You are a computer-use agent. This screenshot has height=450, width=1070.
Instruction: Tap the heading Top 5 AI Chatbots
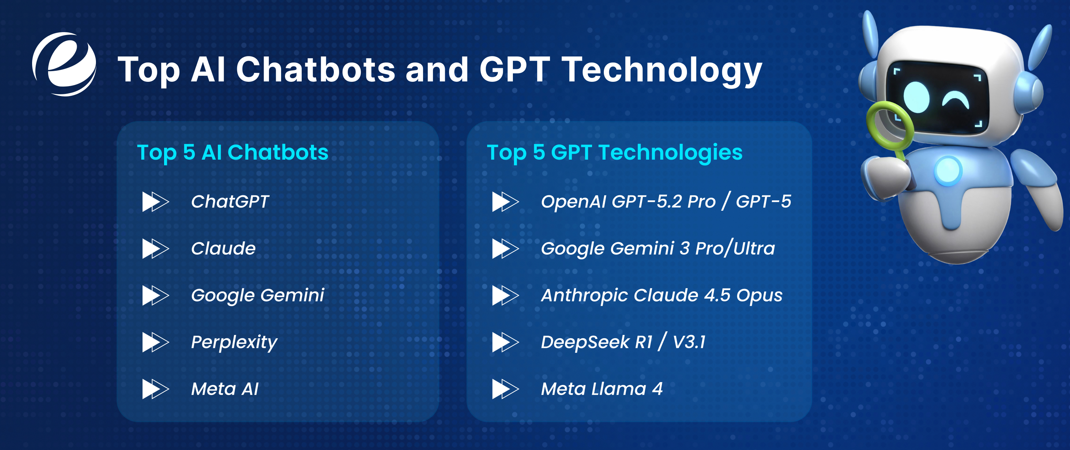[x=233, y=152]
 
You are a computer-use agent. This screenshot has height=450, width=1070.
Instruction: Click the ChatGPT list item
[x=230, y=202]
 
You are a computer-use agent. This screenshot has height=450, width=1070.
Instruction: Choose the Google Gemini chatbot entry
[x=257, y=295]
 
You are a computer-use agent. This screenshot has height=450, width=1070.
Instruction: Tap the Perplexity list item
[x=234, y=342]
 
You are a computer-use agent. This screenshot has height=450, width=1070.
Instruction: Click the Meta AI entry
[x=225, y=389]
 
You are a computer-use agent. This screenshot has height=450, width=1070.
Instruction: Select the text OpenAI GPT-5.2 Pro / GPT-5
[x=666, y=202]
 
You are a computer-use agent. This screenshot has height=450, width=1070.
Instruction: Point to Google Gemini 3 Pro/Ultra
[x=658, y=249]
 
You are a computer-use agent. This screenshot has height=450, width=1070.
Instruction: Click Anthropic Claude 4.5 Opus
[x=661, y=295]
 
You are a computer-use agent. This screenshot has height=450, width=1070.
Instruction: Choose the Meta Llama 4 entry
[x=601, y=389]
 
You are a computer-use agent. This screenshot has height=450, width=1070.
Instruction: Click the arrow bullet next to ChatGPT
[x=155, y=202]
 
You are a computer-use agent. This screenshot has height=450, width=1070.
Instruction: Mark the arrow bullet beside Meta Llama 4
[x=505, y=389]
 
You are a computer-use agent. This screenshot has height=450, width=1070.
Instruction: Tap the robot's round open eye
[x=916, y=97]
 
